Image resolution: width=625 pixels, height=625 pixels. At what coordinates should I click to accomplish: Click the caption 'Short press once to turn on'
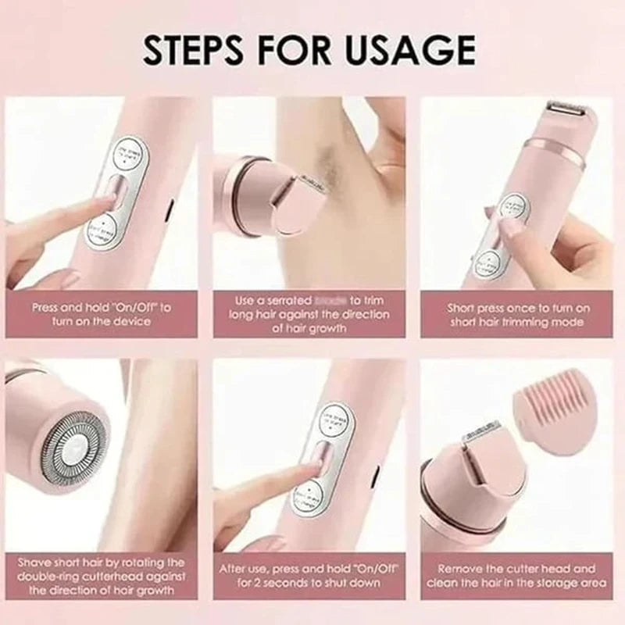pos(518,315)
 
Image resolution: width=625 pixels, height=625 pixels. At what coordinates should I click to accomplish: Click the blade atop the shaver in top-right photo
pos(571,109)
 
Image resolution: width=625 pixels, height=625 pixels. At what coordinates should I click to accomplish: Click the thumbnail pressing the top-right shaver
pos(509,227)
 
